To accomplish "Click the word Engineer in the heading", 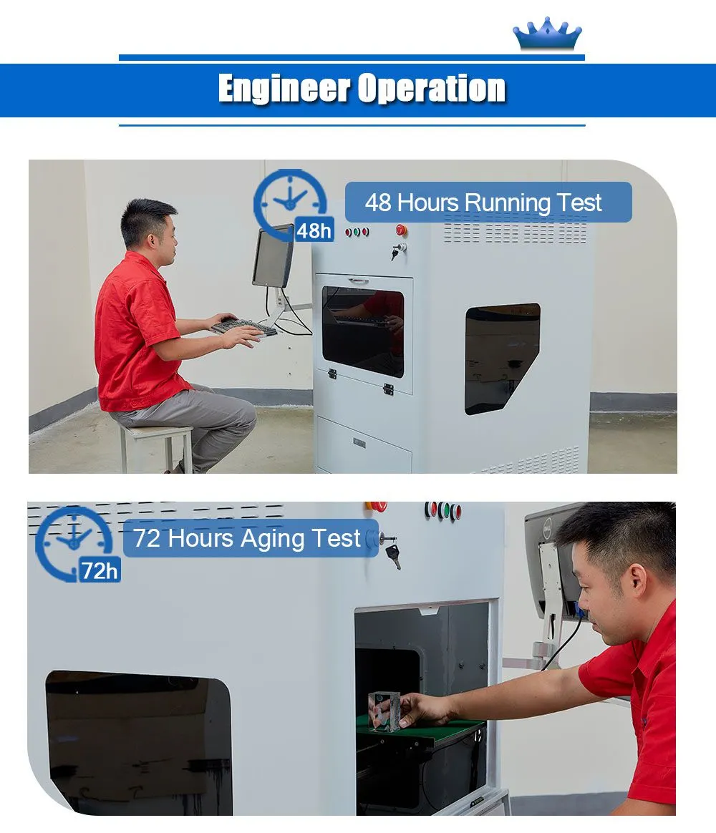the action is point(284,88).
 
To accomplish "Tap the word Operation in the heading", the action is point(432,88).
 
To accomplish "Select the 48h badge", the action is point(314,230).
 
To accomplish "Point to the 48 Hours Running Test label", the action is point(488,203).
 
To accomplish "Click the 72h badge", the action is point(100,570).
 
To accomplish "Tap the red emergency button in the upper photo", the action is point(401,230).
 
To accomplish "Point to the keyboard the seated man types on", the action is point(244,326).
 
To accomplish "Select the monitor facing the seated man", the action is point(273,257).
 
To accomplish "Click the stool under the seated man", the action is point(156,447).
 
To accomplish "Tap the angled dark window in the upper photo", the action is point(503,358).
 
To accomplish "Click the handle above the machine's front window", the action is point(358,280).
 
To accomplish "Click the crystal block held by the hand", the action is point(384,711).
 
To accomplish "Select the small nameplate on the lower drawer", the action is point(359,442).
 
